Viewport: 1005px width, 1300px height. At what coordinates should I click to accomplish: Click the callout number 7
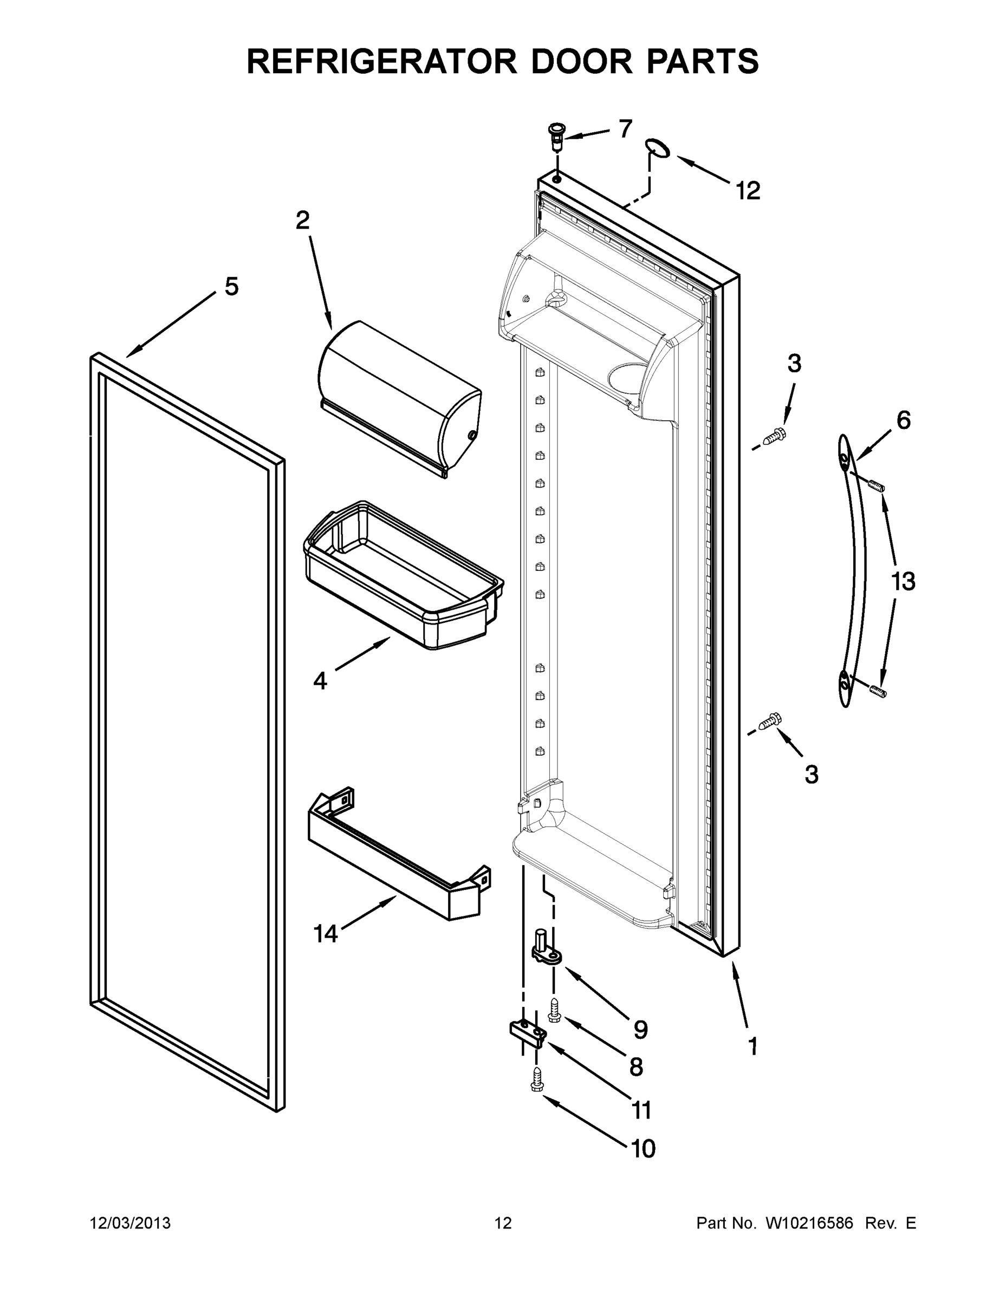pyautogui.click(x=625, y=128)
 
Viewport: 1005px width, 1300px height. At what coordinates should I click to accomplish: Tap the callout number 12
pyautogui.click(x=748, y=191)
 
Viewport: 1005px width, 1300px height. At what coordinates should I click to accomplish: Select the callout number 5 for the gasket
pyautogui.click(x=231, y=287)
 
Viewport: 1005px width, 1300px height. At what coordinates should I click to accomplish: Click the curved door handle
pyautogui.click(x=853, y=570)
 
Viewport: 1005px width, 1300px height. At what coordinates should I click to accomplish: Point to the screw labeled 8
pyautogui.click(x=554, y=1009)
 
